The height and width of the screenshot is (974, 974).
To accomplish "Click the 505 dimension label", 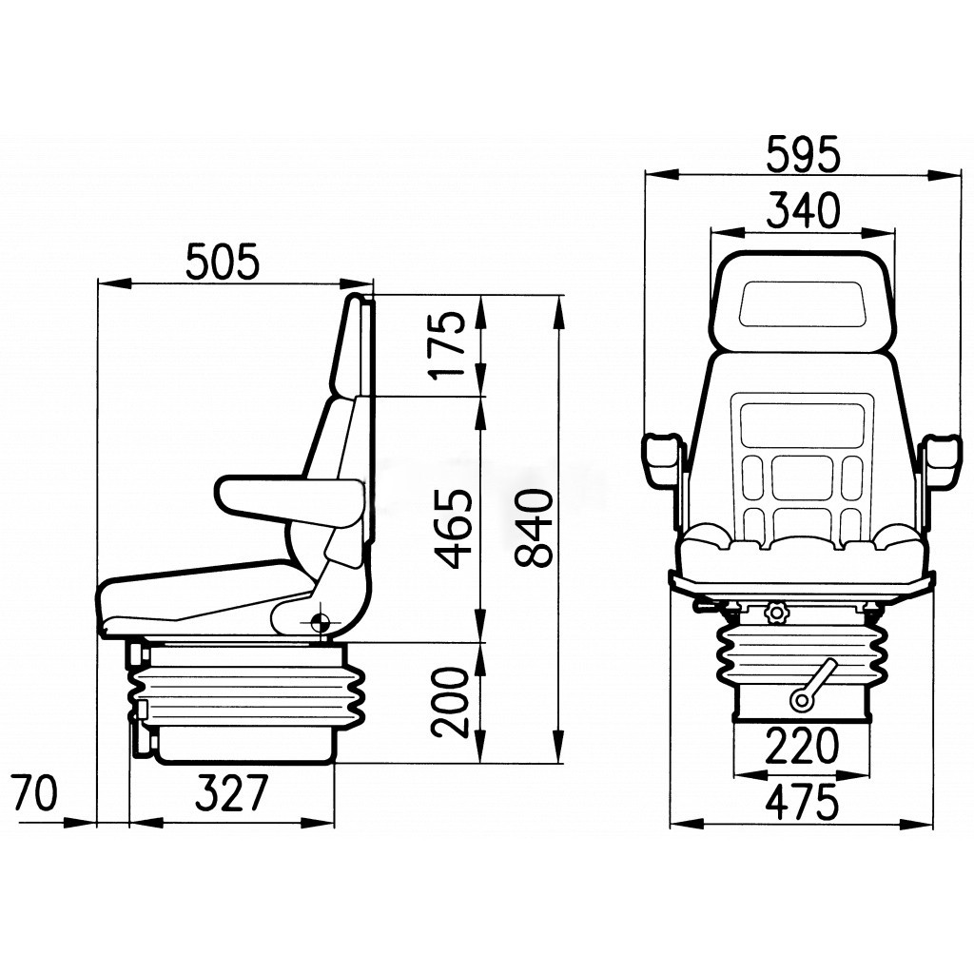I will coord(222,263).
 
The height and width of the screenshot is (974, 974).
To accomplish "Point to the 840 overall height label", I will coord(534,529).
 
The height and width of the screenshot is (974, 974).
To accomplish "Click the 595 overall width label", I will coord(804,155).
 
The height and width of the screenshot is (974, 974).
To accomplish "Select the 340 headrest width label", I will coord(804,211).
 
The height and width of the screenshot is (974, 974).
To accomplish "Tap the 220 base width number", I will coord(804,748).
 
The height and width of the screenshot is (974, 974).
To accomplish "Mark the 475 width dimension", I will coord(804,802).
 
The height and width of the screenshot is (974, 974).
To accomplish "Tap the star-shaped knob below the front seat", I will coord(778,614).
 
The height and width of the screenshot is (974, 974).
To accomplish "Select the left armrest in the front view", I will coord(663,459).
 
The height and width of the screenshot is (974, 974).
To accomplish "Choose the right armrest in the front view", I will coord(944,459).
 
